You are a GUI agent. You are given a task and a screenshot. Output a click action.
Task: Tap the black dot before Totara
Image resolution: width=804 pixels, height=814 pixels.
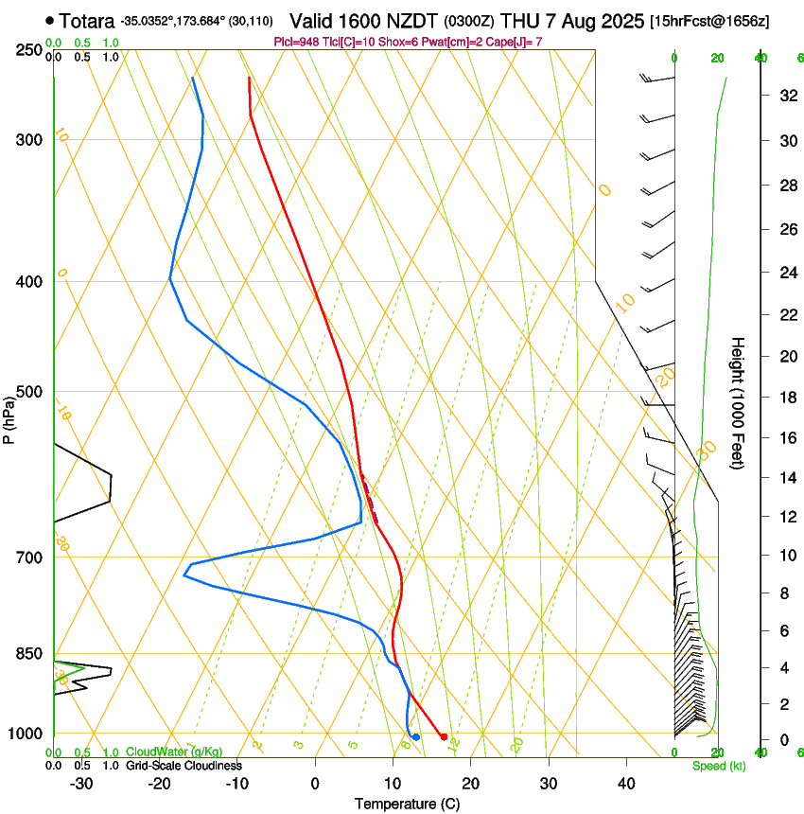tap(49, 20)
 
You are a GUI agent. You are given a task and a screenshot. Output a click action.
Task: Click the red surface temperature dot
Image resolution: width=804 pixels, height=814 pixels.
tap(444, 736)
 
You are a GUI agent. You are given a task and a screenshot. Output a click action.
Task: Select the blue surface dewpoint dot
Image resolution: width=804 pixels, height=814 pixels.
tap(415, 736)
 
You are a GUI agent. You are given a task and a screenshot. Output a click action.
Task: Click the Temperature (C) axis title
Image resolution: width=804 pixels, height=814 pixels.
tap(407, 804)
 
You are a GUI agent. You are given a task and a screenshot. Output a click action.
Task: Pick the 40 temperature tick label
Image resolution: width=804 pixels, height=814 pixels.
tap(626, 784)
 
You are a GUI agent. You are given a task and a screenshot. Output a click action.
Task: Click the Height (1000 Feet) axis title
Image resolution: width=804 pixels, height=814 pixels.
tap(738, 402)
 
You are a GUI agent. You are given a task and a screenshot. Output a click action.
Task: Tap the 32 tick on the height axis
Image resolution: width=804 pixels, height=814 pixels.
tap(786, 96)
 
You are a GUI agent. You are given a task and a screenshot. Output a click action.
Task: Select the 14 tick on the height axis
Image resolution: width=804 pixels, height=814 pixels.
tap(786, 478)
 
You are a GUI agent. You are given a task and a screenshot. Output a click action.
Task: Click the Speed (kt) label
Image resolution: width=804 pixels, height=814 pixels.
tap(718, 766)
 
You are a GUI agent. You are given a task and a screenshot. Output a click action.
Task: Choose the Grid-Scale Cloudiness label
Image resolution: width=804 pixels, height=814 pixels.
tap(184, 766)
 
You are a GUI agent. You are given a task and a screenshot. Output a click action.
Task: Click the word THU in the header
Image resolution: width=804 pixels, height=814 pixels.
tap(518, 20)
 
